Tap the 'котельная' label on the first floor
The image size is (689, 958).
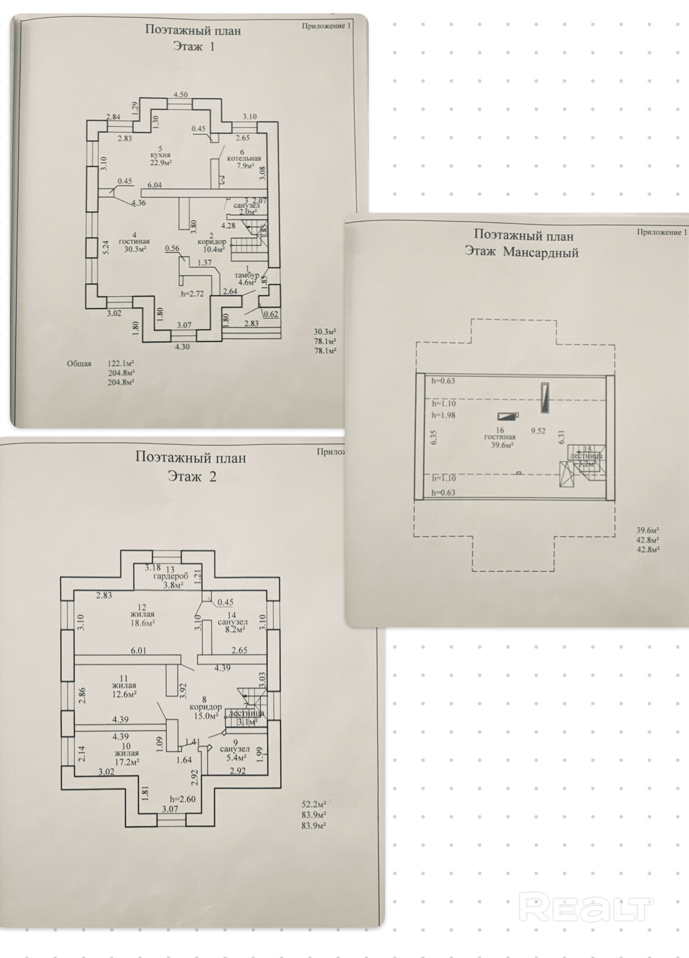point(244,158)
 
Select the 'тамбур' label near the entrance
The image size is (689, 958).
point(246,275)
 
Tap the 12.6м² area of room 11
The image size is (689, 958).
point(124,694)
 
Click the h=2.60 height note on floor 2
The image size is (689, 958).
point(182,799)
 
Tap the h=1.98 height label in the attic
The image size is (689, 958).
point(444,416)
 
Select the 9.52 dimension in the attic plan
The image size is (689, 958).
point(538,431)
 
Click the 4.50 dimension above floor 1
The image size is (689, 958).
point(180,95)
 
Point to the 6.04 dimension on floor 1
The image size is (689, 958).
point(154,185)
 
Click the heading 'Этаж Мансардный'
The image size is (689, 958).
point(521,253)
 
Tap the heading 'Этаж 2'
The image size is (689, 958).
point(192,476)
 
